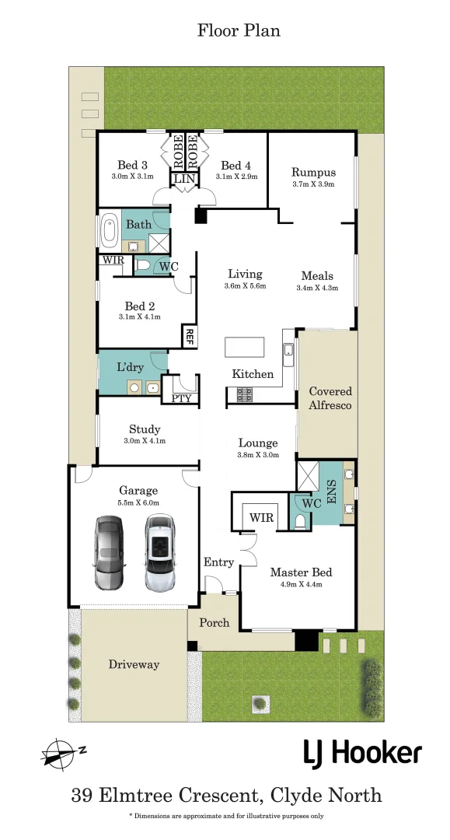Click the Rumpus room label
313,172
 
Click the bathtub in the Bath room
107,231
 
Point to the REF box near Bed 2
188,336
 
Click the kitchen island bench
244,347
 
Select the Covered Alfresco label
330,398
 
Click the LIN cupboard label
184,179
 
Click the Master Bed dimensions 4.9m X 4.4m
295,584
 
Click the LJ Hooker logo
362,753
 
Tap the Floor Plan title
238,31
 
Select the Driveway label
134,664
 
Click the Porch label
214,622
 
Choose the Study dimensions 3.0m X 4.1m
145,441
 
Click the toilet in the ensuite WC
300,521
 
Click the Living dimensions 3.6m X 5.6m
245,286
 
